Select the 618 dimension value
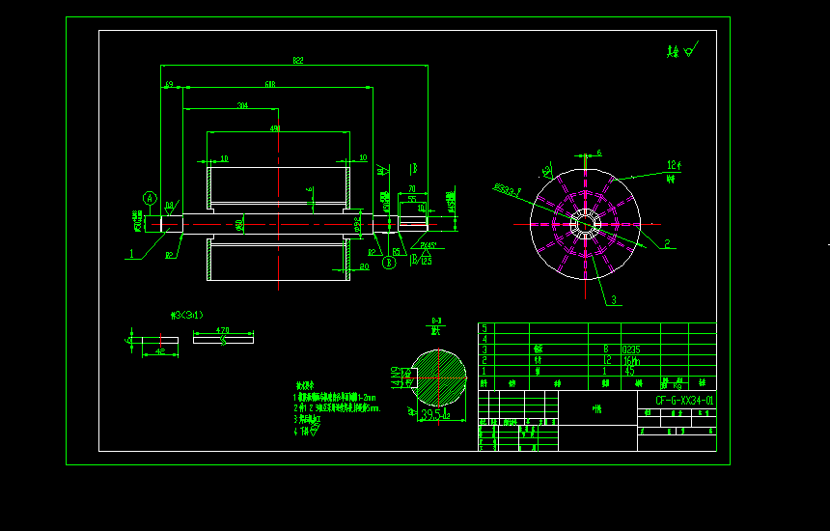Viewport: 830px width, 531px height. click(270, 84)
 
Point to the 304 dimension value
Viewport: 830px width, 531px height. click(242, 105)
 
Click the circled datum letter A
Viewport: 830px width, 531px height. click(150, 198)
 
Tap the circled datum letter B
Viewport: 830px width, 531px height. click(389, 261)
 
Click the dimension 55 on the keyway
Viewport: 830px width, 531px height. click(411, 200)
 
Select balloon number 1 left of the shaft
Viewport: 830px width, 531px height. click(128, 256)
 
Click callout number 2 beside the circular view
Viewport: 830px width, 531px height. click(666, 244)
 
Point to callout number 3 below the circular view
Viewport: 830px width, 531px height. click(612, 300)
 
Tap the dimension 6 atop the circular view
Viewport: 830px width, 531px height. click(598, 153)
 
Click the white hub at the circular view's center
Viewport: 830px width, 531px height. click(585, 224)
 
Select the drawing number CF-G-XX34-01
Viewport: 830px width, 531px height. click(684, 400)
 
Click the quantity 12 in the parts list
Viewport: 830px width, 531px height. click(606, 360)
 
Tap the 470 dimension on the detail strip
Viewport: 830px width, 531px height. click(222, 330)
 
